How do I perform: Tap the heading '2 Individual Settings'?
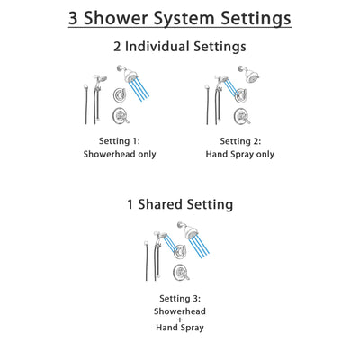pyautogui.click(x=180, y=47)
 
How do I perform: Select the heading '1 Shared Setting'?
pyautogui.click(x=180, y=204)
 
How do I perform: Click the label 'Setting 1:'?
pyautogui.click(x=121, y=141)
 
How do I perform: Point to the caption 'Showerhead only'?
pyautogui.click(x=121, y=154)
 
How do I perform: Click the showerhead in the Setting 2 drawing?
pyautogui.click(x=245, y=73)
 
